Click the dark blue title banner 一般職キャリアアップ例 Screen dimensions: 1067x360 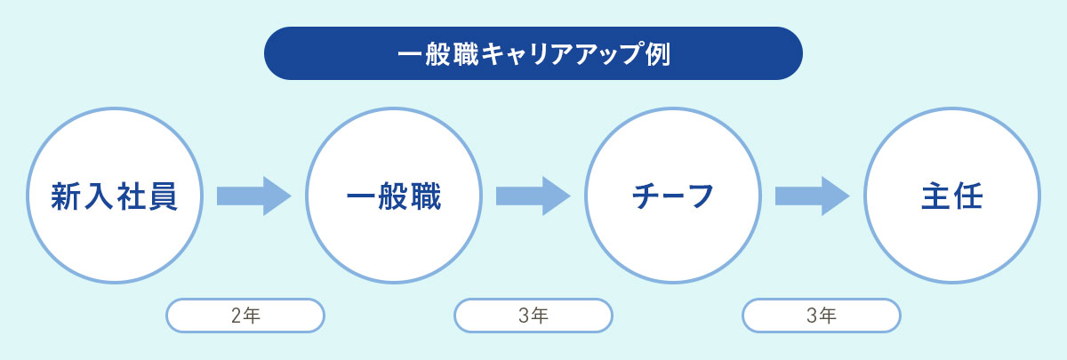[x=533, y=53]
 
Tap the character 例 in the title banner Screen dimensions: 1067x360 [x=658, y=54]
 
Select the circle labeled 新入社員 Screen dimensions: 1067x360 [x=115, y=196]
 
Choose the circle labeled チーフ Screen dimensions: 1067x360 [x=673, y=196]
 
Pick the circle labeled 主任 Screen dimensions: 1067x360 [x=952, y=196]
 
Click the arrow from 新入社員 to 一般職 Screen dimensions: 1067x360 [x=254, y=196]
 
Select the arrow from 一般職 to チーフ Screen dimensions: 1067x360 [x=533, y=196]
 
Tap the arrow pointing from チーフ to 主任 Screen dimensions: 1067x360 [x=812, y=196]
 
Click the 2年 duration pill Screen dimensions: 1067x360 [x=245, y=316]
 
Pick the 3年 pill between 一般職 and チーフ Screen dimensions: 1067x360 [x=533, y=316]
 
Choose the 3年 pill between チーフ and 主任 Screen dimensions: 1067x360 [x=822, y=316]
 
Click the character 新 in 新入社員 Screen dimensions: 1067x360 [x=66, y=196]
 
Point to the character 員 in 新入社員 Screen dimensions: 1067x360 [x=163, y=196]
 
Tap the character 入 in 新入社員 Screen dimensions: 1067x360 [x=98, y=196]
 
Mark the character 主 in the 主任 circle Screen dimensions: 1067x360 [x=936, y=196]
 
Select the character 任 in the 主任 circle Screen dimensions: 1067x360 [x=968, y=196]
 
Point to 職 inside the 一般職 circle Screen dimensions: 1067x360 [x=425, y=196]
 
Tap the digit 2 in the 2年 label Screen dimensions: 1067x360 [x=237, y=316]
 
